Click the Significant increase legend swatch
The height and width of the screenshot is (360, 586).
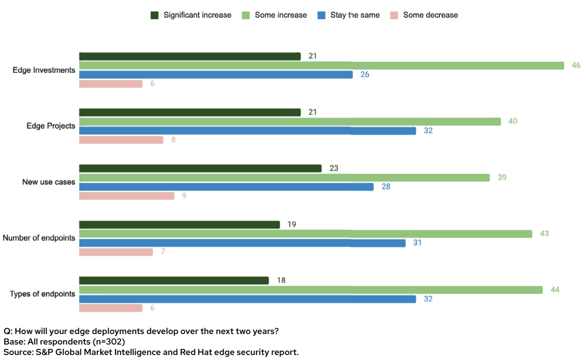point(155,15)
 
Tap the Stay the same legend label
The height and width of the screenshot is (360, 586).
point(355,15)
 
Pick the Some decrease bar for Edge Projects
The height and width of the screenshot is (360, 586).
point(121,140)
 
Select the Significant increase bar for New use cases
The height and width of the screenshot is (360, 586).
point(200,168)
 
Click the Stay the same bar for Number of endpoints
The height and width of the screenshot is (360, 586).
point(242,243)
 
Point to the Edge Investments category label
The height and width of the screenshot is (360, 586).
point(44,70)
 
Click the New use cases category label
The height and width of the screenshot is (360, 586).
point(48,182)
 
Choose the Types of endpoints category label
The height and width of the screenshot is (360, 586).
point(42,294)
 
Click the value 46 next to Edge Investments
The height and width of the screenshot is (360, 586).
point(576,65)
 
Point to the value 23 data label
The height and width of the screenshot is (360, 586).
point(334,168)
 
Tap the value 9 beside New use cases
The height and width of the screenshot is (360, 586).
point(184,196)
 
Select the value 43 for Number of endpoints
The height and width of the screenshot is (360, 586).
point(544,234)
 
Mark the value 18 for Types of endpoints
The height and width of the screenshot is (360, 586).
point(281,281)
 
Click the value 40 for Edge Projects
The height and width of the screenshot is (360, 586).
point(513,121)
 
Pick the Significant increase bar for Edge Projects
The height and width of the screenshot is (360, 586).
point(190,112)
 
